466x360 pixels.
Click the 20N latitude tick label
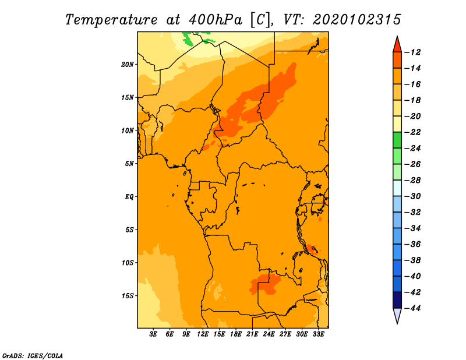(x=128, y=65)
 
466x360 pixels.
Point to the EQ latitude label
(x=129, y=197)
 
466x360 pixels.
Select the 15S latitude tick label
(x=128, y=296)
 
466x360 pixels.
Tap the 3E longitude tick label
(x=153, y=334)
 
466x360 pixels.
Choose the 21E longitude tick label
(x=252, y=334)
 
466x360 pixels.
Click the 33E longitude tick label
(x=318, y=334)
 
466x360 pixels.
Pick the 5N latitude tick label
(x=129, y=164)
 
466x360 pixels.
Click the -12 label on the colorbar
(x=412, y=52)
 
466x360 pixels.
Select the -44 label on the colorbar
(x=412, y=308)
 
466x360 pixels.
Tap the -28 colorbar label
(x=412, y=181)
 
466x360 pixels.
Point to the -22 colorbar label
(x=412, y=132)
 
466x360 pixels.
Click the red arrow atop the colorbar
(x=397, y=45)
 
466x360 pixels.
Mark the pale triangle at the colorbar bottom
(x=397, y=315)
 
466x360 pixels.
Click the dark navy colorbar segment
(x=397, y=300)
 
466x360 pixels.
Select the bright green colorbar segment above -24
(x=397, y=140)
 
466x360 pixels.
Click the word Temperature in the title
(x=111, y=20)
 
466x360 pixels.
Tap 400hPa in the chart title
(x=216, y=20)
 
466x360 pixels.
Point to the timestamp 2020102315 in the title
(x=357, y=20)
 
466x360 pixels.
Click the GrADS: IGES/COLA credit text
(x=33, y=356)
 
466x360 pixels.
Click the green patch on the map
(x=188, y=38)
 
